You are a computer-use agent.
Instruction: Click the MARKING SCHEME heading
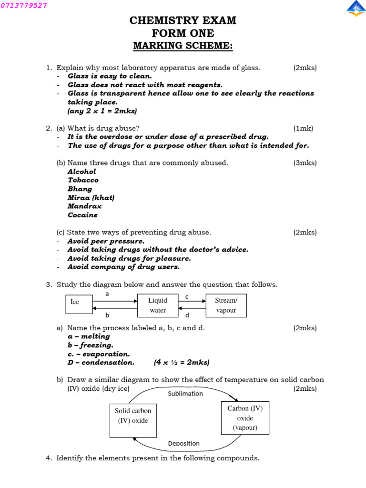[x=183, y=46]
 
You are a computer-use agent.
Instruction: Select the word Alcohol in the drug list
[x=81, y=172]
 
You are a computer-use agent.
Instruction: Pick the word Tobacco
[x=83, y=180]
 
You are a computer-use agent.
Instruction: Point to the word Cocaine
[x=82, y=215]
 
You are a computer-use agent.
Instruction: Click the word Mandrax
[x=84, y=206]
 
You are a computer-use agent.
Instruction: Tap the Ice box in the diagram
[x=79, y=305]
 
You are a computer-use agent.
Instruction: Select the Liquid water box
[x=157, y=305]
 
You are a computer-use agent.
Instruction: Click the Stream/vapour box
[x=226, y=305]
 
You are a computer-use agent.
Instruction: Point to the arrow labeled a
[x=115, y=301]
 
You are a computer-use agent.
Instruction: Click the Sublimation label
[x=185, y=394]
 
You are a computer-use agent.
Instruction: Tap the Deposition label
[x=184, y=443]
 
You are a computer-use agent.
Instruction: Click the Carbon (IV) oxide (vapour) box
[x=245, y=418]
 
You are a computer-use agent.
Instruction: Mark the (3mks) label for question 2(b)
[x=305, y=163]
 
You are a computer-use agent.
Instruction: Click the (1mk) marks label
[x=303, y=128]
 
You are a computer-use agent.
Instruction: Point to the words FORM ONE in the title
[x=183, y=33]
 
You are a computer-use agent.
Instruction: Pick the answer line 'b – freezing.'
[x=90, y=345]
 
